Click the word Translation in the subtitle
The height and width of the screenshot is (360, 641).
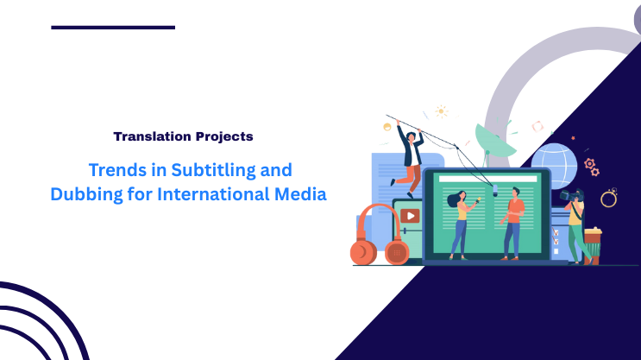[x=148, y=136]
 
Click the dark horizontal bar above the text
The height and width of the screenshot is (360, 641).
[x=113, y=28]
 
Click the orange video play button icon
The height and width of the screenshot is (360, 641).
[x=410, y=216]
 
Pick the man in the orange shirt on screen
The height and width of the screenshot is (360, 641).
[x=514, y=220]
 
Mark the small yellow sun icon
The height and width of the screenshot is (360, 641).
[x=442, y=111]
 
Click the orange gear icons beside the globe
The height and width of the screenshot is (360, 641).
[x=591, y=166]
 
